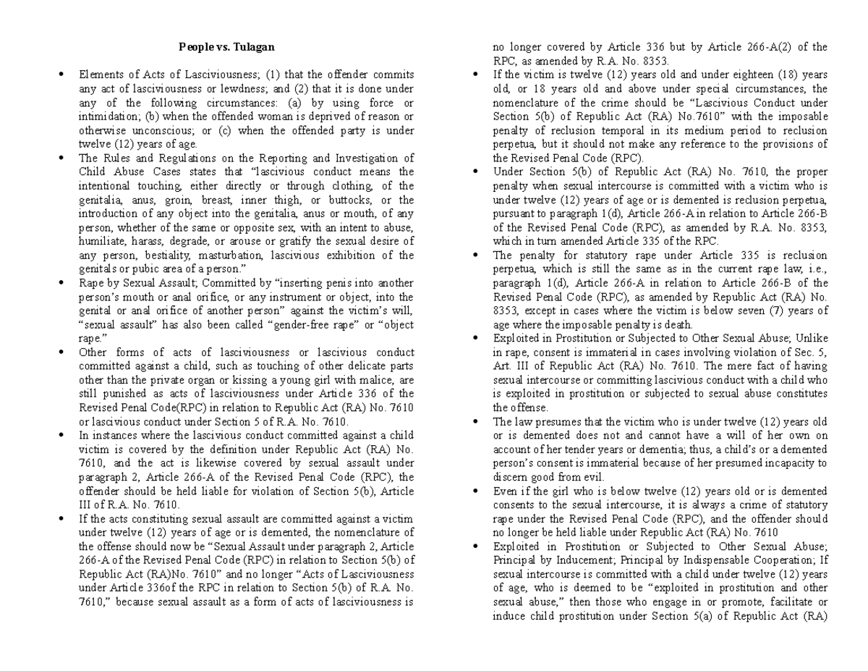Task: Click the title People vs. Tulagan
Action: coord(226,48)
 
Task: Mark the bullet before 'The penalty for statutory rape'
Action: coord(475,255)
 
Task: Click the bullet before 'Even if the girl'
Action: coord(475,491)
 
